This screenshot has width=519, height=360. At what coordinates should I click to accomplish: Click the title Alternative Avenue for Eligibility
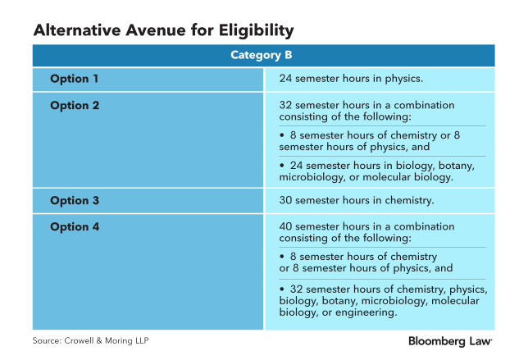[x=163, y=30]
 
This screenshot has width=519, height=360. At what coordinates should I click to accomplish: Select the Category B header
[x=262, y=55]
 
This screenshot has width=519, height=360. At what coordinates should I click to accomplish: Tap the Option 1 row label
[x=74, y=79]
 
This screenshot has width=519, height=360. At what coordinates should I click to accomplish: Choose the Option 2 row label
[x=75, y=106]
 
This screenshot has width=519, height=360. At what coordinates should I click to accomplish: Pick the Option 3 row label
[x=75, y=201]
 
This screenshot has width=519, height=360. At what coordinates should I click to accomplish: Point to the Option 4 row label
[x=75, y=227]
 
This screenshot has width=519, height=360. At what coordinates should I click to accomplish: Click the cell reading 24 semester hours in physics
[x=351, y=79]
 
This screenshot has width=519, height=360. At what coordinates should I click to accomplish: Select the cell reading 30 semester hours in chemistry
[x=357, y=200]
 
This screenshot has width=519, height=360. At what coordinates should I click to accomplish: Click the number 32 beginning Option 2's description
[x=285, y=105]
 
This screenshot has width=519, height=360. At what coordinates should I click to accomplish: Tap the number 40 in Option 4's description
[x=285, y=226]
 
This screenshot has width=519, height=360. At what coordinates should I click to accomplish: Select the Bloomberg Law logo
[x=450, y=341]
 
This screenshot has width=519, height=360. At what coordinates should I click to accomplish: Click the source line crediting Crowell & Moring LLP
[x=90, y=341]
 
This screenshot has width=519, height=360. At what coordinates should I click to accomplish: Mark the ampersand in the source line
[x=99, y=341]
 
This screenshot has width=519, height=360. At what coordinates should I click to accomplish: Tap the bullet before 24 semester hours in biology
[x=282, y=166]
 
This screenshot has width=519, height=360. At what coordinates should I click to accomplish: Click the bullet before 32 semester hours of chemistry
[x=282, y=289]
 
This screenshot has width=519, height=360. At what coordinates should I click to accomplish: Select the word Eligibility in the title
[x=256, y=30]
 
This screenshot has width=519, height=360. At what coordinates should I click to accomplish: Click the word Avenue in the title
[x=156, y=30]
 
